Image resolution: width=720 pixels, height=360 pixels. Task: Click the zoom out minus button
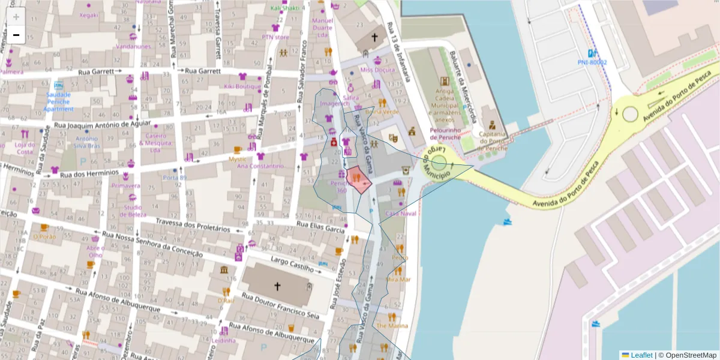(16, 35)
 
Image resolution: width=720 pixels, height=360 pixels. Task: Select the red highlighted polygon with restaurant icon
(359, 179)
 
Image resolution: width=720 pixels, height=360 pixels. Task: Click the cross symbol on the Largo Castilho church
(277, 286)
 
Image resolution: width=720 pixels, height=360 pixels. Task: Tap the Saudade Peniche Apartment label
(58, 101)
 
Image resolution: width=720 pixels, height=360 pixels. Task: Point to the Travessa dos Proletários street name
(193, 225)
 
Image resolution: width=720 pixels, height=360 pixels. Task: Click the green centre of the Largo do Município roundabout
(439, 163)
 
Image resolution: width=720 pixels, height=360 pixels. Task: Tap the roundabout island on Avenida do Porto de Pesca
(630, 113)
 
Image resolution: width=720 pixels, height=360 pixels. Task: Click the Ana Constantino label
(260, 166)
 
